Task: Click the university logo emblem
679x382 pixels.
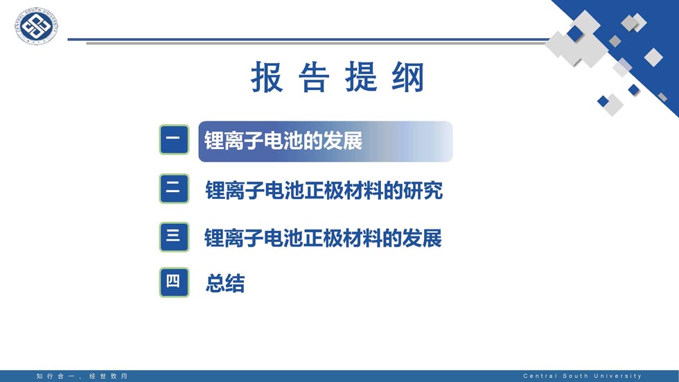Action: (x=36, y=26)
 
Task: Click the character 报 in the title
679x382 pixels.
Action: (x=267, y=78)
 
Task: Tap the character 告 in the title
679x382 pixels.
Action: (x=314, y=78)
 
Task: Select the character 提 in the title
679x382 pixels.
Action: (x=361, y=78)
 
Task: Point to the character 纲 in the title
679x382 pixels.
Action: (x=407, y=78)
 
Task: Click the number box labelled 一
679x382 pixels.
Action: (x=174, y=139)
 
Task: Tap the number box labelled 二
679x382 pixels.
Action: (x=174, y=189)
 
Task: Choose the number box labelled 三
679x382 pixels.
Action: (x=174, y=237)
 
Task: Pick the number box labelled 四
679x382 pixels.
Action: (x=174, y=282)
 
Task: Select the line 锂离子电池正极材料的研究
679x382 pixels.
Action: (x=324, y=190)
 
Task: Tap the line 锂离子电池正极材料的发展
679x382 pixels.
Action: (x=323, y=238)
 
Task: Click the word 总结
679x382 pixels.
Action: (x=225, y=284)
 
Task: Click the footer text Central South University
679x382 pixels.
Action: (x=583, y=376)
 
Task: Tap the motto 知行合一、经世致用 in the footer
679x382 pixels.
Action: (x=82, y=376)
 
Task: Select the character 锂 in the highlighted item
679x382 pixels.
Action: (x=214, y=141)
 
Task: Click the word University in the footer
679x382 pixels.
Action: (x=618, y=376)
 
